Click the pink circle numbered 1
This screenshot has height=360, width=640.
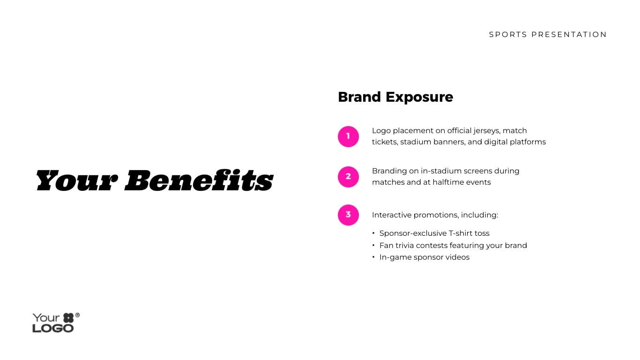point(348,136)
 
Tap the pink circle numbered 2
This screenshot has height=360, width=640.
point(348,177)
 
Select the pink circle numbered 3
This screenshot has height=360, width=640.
point(348,215)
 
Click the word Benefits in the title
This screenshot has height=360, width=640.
point(199,180)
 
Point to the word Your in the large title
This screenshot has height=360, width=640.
point(76,180)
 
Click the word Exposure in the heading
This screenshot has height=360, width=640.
point(419,97)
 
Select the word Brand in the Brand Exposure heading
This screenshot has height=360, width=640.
point(359,97)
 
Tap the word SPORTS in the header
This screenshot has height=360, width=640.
point(508,35)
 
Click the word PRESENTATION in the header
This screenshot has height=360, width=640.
point(569,35)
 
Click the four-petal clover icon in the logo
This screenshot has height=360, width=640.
point(68,318)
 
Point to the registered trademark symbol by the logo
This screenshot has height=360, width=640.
point(77,315)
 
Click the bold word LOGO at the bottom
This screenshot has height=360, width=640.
point(53,328)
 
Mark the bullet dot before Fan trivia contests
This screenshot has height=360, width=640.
point(374,245)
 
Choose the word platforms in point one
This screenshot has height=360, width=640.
point(530,142)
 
